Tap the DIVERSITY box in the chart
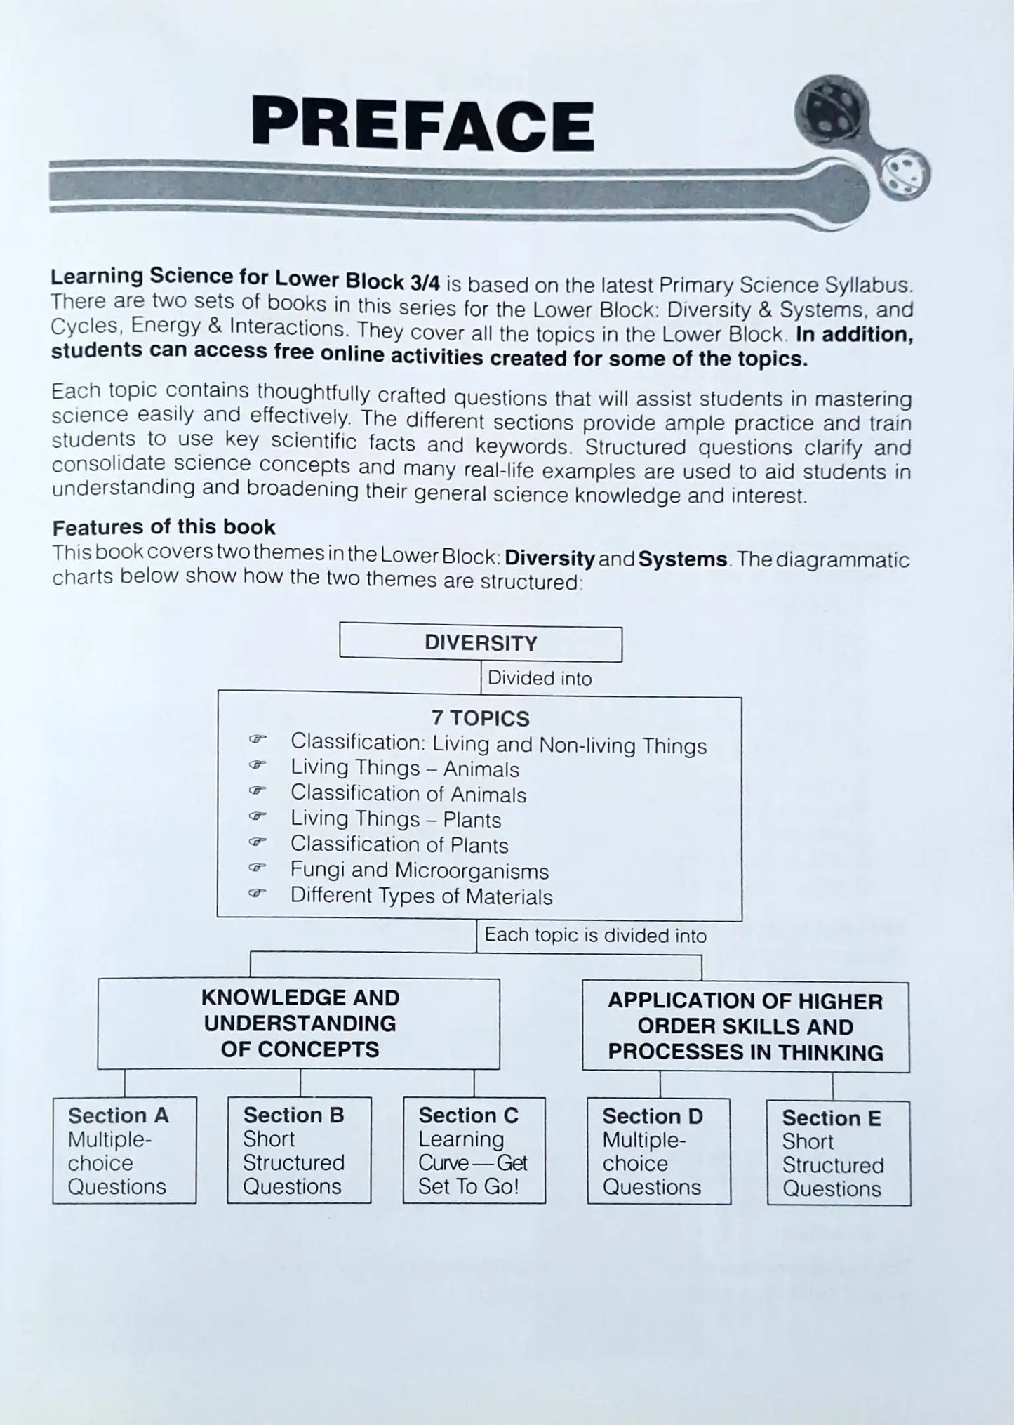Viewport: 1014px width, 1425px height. point(481,643)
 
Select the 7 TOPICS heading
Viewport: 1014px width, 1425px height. point(480,718)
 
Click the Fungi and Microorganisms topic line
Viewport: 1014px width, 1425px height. point(419,870)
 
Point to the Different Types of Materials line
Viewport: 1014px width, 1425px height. point(421,896)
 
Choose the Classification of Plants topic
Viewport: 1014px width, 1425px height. point(399,844)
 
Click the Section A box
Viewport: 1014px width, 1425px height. point(124,1151)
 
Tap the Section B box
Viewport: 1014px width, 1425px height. point(299,1151)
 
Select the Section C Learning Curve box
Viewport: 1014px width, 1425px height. point(474,1151)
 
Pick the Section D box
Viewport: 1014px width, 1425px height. point(658,1151)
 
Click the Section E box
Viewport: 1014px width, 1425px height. point(839,1153)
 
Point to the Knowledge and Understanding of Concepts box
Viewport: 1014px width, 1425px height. point(299,1023)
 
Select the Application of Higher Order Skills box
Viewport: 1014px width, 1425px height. point(745,1026)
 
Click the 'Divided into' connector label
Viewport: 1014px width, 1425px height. point(539,678)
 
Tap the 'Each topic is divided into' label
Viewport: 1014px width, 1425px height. point(595,935)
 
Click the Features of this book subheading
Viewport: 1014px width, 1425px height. point(164,527)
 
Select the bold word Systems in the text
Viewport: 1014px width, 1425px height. point(683,559)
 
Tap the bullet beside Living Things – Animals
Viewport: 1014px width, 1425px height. point(258,765)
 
